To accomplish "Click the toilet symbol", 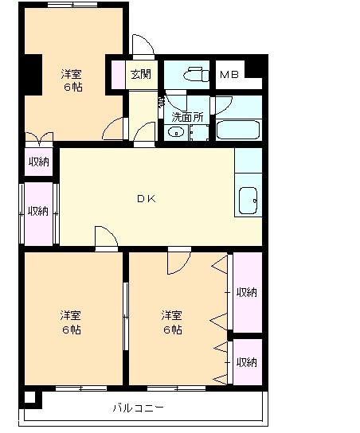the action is [x=196, y=74].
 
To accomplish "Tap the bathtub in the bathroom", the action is [x=238, y=130].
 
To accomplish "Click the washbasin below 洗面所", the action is [x=176, y=132].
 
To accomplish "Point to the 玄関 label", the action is [x=141, y=74].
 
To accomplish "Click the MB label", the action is [x=229, y=74].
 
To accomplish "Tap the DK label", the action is [x=147, y=198].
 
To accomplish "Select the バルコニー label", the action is [x=139, y=408].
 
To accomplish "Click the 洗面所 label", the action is [x=187, y=117].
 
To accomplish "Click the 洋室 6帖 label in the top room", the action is [x=72, y=80].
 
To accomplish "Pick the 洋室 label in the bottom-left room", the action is [x=71, y=315].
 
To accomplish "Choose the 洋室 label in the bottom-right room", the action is [x=172, y=315].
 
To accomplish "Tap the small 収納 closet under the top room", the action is [x=39, y=162].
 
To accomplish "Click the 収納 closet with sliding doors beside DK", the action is [x=39, y=214].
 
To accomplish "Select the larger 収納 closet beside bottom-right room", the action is [x=247, y=292].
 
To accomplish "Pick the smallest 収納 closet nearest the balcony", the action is [x=247, y=361].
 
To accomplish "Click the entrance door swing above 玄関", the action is [x=143, y=45].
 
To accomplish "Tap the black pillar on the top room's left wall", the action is [x=33, y=75].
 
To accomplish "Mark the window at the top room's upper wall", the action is [x=72, y=5].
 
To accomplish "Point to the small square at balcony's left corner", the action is [x=30, y=397].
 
